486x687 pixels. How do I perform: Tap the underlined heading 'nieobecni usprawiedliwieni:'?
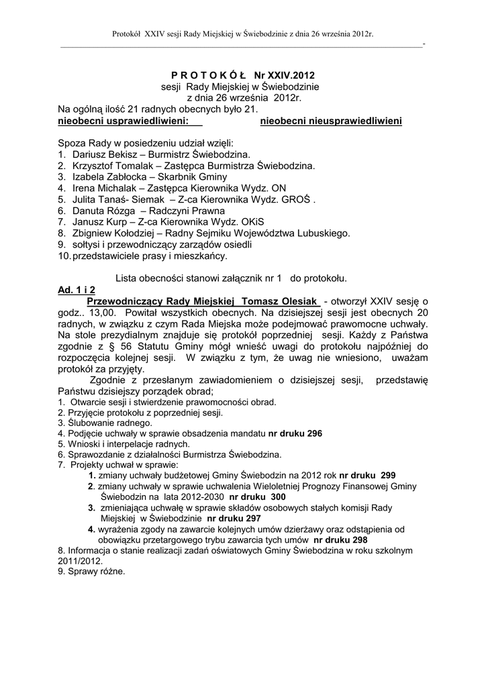(x=122, y=121)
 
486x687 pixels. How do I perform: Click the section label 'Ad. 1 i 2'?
(x=77, y=289)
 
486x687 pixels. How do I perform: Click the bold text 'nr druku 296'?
(x=295, y=433)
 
